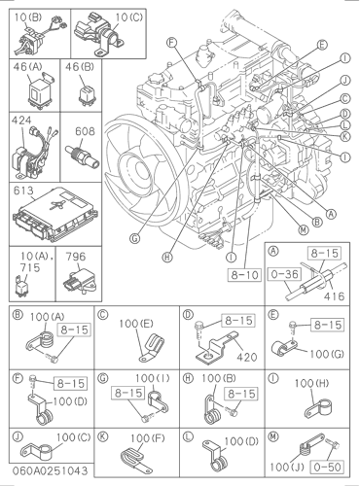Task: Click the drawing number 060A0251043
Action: pos(50,470)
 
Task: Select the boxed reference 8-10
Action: pos(244,275)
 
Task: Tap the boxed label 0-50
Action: pos(328,467)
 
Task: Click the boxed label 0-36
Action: pos(285,274)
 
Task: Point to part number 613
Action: pos(23,191)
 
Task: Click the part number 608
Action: pos(85,131)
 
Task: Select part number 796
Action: pos(76,257)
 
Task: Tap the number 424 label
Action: pos(21,121)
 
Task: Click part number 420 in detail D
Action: pos(247,357)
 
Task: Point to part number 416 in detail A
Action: pos(334,296)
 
